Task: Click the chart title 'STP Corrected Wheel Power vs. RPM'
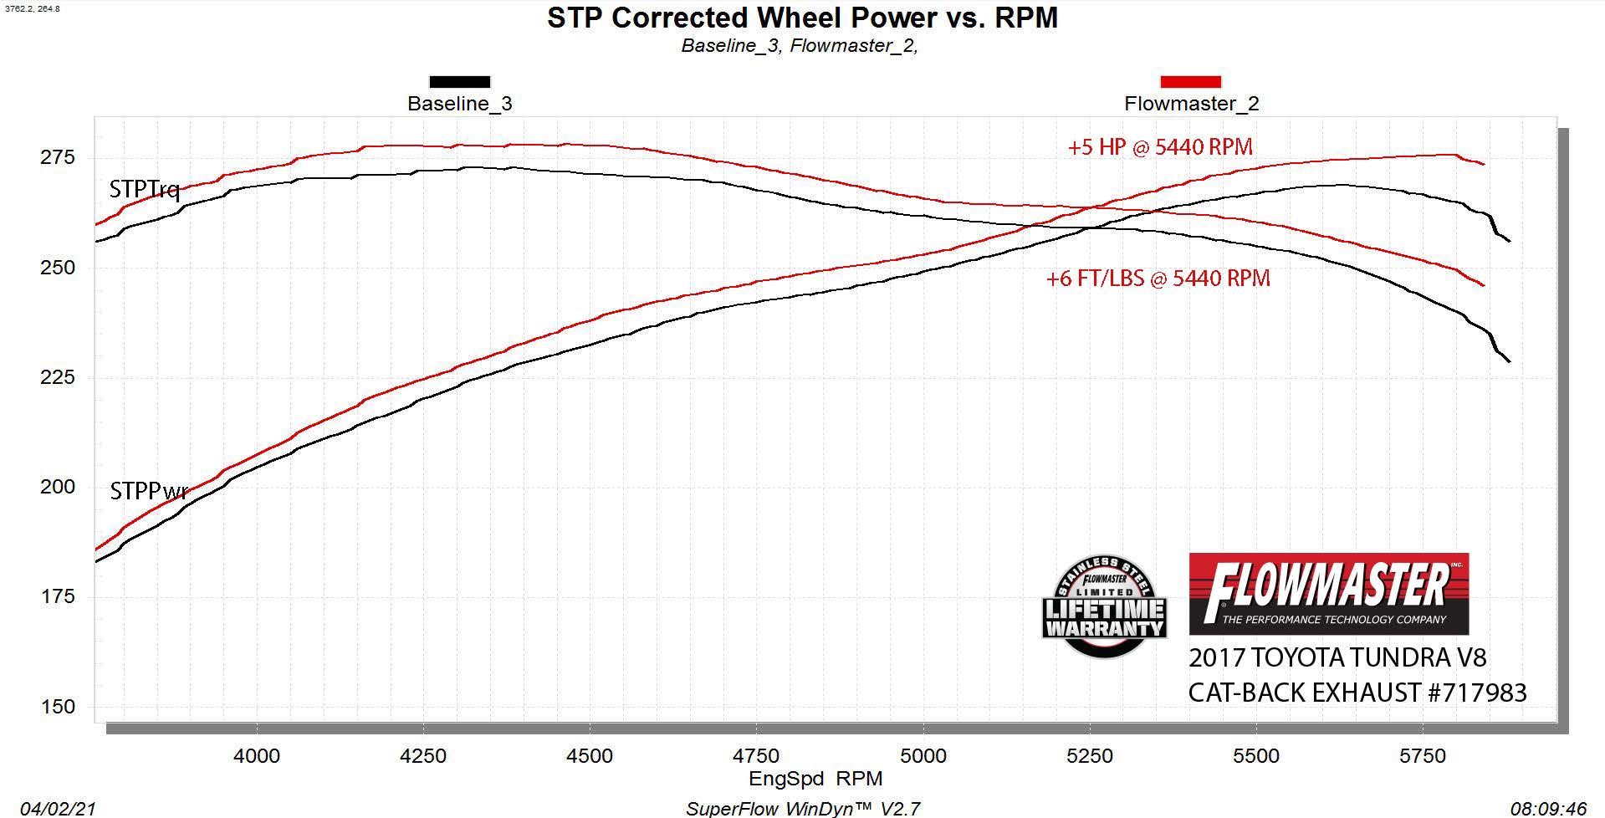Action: pos(802,18)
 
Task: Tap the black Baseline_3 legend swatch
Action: pos(459,82)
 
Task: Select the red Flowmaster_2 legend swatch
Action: pos(1190,82)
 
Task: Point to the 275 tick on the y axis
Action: pos(58,158)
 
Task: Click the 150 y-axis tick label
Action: pos(58,707)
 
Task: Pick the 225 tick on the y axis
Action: pos(58,377)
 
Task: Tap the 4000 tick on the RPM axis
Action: pos(257,756)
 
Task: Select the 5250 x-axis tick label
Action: pos(1090,756)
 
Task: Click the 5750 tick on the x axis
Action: pos(1423,756)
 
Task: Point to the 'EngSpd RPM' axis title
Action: pos(815,780)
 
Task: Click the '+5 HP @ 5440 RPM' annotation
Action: pos(1160,147)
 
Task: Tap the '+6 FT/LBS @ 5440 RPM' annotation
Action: pos(1158,279)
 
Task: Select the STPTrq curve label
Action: pos(145,190)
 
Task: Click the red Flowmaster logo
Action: pos(1328,593)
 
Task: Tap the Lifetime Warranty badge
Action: pos(1104,606)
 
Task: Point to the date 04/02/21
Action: pos(58,809)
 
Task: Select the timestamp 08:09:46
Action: pos(1548,809)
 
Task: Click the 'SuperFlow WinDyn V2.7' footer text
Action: pos(803,809)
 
